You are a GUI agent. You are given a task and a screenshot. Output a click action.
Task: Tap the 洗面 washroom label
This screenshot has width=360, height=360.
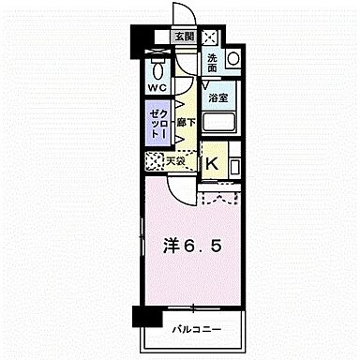click(213, 63)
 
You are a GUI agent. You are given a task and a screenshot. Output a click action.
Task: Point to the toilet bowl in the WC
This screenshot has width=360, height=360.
click(157, 67)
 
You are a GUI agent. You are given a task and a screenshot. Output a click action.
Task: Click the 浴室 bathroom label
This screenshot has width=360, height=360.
click(217, 97)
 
